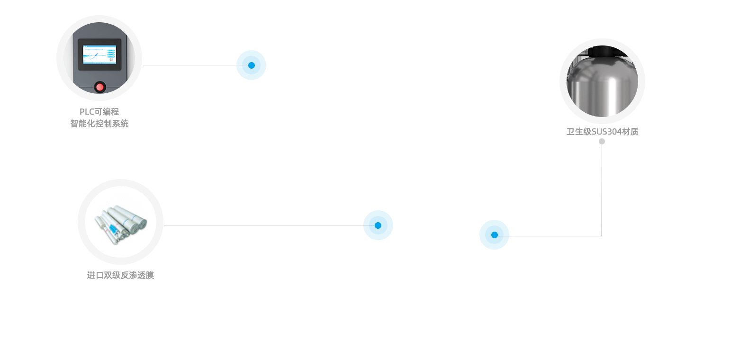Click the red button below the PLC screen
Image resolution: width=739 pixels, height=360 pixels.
pos(99,87)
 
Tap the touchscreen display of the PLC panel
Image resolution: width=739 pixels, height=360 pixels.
pos(99,54)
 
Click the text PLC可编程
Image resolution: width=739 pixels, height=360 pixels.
pos(99,112)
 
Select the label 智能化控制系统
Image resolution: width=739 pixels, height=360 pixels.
pos(99,124)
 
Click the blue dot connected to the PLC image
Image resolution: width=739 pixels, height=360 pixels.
pos(251,65)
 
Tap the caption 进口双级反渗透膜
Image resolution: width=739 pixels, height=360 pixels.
pos(120,275)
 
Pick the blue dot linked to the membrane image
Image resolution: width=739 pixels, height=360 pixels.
pos(378,225)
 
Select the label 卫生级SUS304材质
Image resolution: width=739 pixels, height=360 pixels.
pos(602,132)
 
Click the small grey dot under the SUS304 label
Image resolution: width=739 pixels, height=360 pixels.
pos(602,141)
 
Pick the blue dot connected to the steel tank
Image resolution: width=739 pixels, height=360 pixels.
pos(494,234)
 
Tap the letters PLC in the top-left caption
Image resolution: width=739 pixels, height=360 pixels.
pos(87,112)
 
